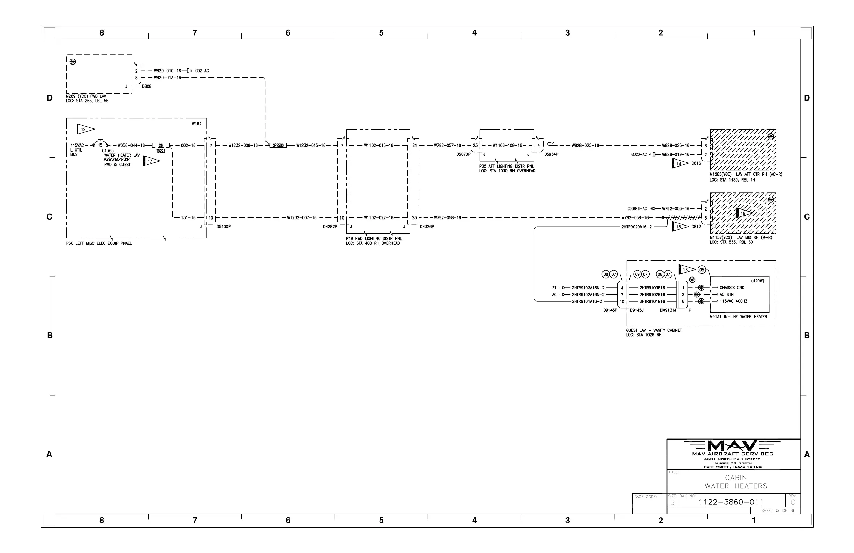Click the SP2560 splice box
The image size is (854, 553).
tap(278, 146)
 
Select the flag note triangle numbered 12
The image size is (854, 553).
tap(85, 129)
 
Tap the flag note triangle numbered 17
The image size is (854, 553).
tap(150, 161)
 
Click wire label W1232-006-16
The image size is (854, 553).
tap(243, 146)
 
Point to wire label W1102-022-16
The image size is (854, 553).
tap(379, 217)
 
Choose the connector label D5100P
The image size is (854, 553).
tap(224, 227)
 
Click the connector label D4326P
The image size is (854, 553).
tap(427, 227)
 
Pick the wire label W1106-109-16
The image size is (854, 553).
tap(507, 146)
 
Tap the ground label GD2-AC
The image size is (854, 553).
tap(202, 71)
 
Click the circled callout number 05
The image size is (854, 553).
tap(702, 270)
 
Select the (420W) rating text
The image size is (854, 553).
tap(757, 281)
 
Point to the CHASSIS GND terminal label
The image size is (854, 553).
tap(732, 288)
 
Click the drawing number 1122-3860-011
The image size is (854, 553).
tap(731, 502)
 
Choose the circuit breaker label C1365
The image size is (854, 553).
tap(108, 151)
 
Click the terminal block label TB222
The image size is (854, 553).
tap(161, 151)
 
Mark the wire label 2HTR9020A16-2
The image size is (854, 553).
tap(637, 227)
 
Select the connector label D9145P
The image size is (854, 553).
tap(610, 310)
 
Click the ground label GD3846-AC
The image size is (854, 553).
tap(637, 209)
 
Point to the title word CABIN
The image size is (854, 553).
tap(736, 478)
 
